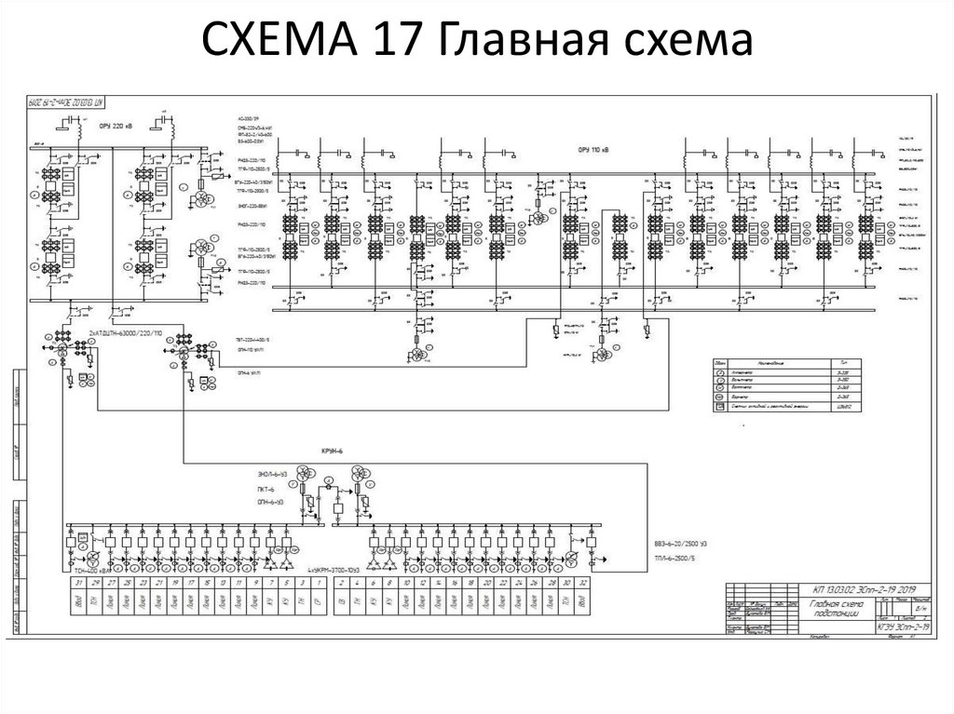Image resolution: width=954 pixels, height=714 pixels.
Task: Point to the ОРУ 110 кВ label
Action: coord(593,147)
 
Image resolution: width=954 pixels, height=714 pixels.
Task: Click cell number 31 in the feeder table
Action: coord(79,582)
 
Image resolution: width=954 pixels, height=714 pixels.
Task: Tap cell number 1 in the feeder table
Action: coord(319,582)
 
